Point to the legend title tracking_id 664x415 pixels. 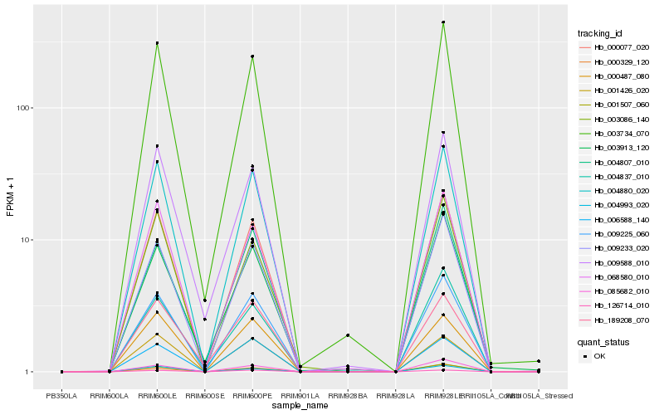[x=600, y=33]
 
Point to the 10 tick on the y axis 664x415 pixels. [x=25, y=240]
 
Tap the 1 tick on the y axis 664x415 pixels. [x=27, y=372]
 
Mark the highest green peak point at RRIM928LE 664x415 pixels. [x=443, y=22]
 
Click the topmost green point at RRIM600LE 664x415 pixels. [x=157, y=43]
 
